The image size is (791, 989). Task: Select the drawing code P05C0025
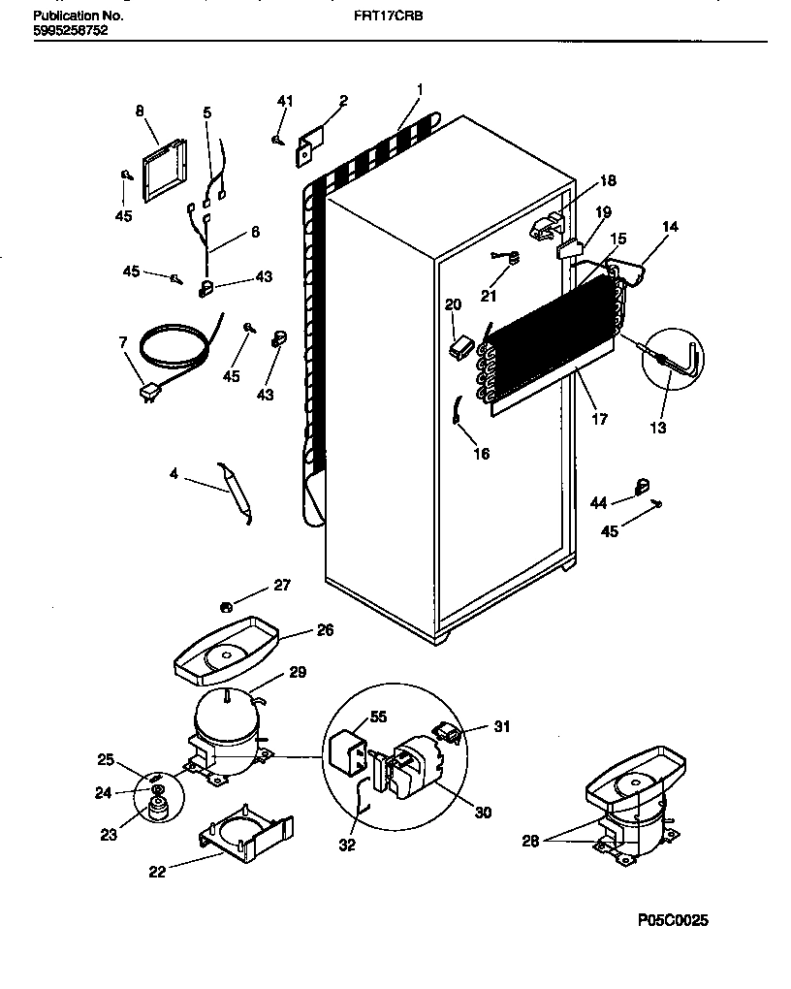(x=673, y=920)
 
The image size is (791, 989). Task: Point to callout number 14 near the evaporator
(x=670, y=227)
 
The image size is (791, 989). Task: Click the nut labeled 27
(x=224, y=607)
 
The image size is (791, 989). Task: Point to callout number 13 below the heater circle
(x=659, y=427)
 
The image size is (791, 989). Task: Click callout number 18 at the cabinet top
(x=607, y=180)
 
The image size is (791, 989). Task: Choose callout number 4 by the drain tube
(x=174, y=474)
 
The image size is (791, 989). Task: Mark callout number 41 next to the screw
(x=284, y=101)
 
